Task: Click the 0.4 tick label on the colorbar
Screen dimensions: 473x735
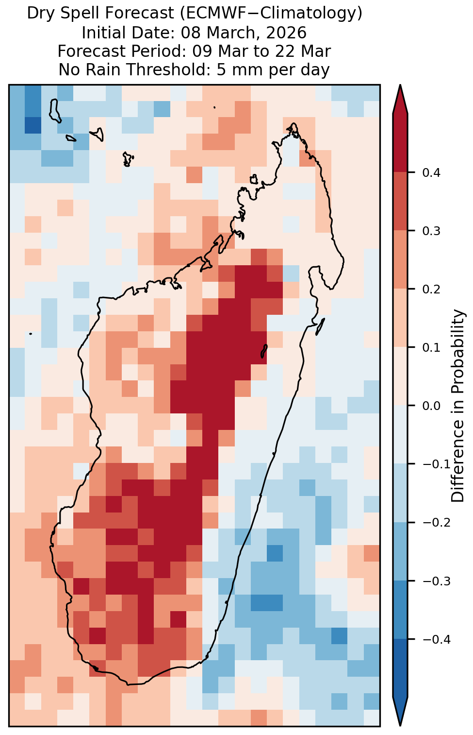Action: [431, 172]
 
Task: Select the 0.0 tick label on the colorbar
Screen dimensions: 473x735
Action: [431, 406]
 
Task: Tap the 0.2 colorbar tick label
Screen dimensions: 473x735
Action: [431, 289]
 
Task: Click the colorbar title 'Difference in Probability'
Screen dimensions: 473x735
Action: [458, 406]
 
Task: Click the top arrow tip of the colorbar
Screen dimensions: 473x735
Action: [400, 85]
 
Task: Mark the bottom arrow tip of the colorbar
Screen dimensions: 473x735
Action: [400, 726]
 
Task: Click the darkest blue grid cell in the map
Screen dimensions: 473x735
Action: [33, 125]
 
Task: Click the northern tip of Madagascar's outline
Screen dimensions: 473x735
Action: [294, 124]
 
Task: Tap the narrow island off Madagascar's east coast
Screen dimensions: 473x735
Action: [320, 326]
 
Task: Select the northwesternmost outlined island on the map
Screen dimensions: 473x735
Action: [55, 111]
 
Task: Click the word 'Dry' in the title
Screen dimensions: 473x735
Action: [38, 14]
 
